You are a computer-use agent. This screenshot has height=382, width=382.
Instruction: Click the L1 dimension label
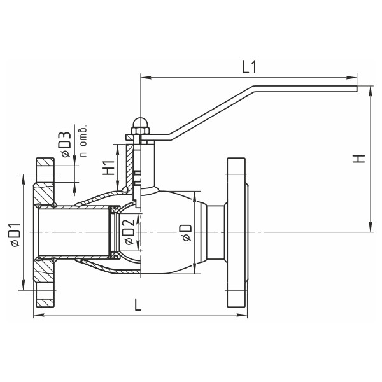click(249, 67)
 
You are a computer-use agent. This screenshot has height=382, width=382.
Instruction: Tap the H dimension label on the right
click(359, 159)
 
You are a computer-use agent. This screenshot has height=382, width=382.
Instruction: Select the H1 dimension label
click(108, 167)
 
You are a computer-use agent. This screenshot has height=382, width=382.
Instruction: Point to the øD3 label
click(66, 145)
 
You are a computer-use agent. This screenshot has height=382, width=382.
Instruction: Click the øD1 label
click(15, 235)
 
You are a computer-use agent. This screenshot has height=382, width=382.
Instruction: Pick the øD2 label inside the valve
click(129, 232)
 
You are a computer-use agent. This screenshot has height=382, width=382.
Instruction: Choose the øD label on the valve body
click(186, 232)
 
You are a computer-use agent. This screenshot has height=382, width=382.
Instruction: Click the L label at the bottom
click(138, 305)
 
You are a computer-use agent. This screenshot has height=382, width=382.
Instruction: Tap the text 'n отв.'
click(83, 141)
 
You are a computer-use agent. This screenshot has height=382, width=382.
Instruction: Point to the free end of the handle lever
click(357, 88)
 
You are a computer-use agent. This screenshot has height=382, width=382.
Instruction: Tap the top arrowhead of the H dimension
click(371, 91)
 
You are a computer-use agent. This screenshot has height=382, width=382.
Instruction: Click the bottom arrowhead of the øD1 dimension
click(23, 285)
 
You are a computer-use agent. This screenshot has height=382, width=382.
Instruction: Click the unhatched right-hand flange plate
click(236, 232)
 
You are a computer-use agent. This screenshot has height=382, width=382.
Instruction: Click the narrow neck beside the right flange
click(216, 232)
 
